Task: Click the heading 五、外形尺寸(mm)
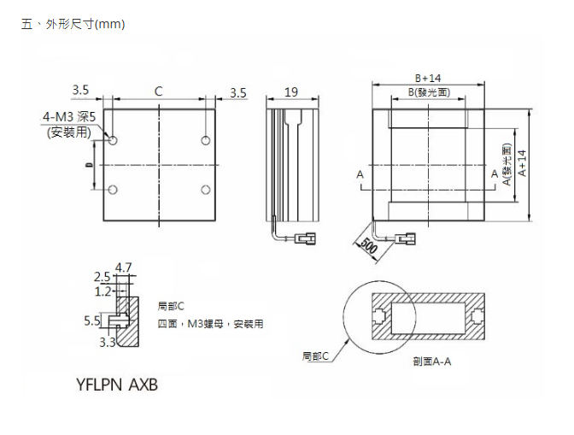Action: [73, 24]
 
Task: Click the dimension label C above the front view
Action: [158, 91]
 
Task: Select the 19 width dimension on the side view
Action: [291, 92]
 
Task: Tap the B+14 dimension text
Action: [428, 78]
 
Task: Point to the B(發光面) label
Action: [429, 91]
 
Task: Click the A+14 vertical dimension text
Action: [522, 162]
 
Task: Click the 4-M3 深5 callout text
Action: [68, 116]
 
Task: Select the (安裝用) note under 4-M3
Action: [68, 132]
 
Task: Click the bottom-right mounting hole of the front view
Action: [206, 189]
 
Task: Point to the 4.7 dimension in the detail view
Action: [123, 267]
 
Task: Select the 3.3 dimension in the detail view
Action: [108, 343]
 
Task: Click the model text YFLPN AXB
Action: [117, 385]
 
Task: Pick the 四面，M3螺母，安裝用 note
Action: [210, 324]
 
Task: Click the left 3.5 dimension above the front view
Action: [81, 91]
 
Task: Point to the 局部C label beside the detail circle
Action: [315, 355]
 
